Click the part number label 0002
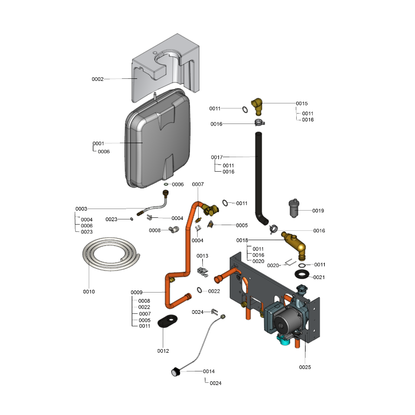click(98, 79)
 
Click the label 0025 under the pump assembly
click(305, 367)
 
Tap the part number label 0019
click(318, 211)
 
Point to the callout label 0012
click(163, 351)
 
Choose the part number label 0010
click(89, 292)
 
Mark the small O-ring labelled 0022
click(200, 290)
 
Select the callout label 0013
click(202, 256)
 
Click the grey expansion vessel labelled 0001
click(158, 140)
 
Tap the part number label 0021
click(319, 278)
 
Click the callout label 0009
click(136, 293)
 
